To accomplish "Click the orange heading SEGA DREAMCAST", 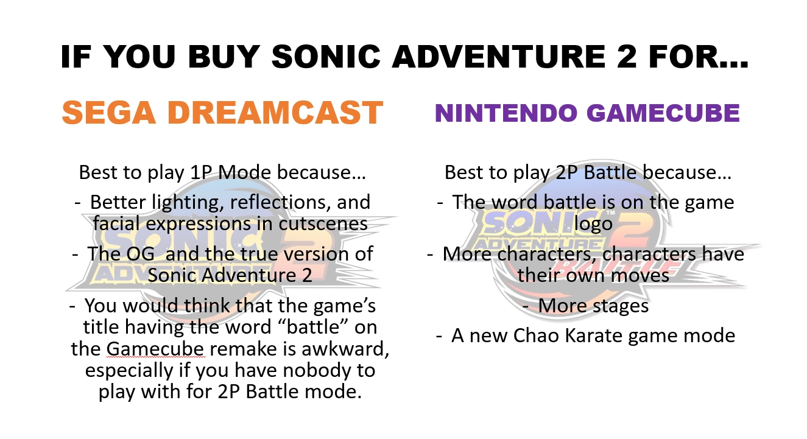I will click(x=222, y=113).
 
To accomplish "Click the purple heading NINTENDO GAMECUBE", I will click(x=587, y=113).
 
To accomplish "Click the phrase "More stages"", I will click(x=593, y=306).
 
